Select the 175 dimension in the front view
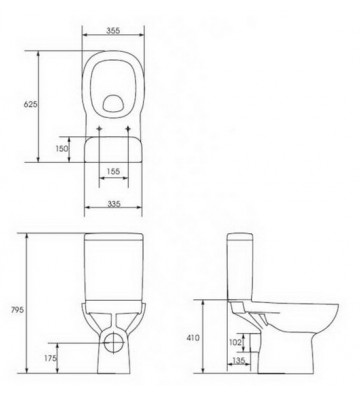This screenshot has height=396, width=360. [49, 356]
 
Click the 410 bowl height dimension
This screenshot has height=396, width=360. [192, 337]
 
